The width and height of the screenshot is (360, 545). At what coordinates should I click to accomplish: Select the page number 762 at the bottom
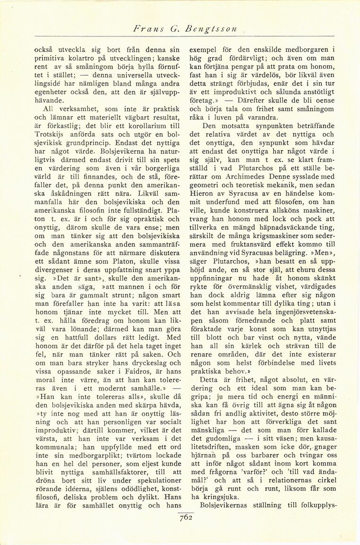tap(185, 517)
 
